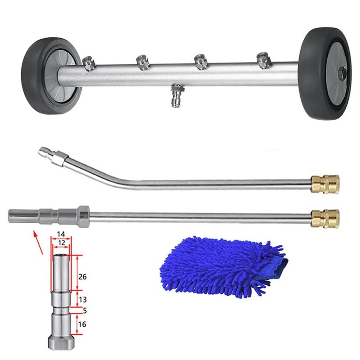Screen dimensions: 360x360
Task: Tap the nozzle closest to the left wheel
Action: pos(88,63)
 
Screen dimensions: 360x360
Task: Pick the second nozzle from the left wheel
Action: pos(143,62)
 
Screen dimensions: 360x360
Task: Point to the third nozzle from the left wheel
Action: pos(201,62)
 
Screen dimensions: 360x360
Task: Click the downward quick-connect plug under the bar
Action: pos(176,95)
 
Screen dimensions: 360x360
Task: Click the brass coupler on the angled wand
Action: pos(325,184)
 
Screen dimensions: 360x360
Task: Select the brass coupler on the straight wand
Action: pos(324,218)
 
